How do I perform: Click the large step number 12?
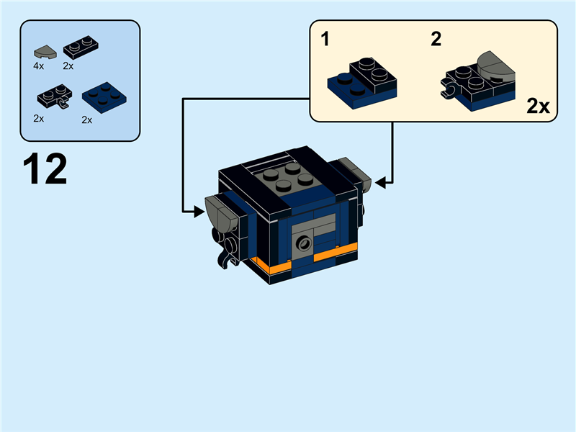(x=45, y=169)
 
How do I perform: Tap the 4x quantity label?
(x=39, y=66)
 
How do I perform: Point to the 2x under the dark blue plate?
(x=87, y=120)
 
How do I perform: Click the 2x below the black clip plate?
(x=39, y=118)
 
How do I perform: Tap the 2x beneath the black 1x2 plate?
(x=68, y=66)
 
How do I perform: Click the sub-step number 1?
(x=325, y=39)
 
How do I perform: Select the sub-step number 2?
(x=436, y=39)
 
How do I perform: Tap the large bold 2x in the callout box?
(x=538, y=107)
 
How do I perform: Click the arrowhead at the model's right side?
(x=379, y=183)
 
